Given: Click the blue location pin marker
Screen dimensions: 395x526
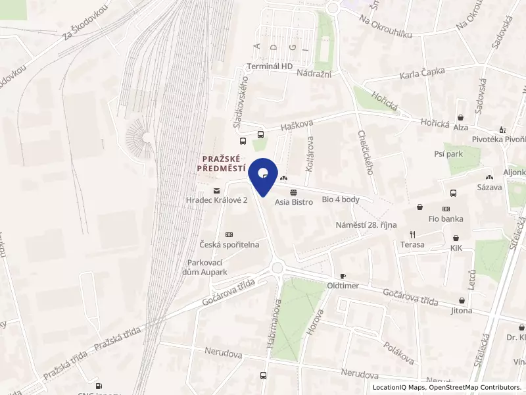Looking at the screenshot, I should click(x=263, y=174).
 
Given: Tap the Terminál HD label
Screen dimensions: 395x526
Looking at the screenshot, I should click(x=270, y=66).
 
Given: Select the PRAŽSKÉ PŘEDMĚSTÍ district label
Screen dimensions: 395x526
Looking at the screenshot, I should click(x=220, y=163).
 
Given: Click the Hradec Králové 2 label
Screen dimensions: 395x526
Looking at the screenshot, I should click(x=216, y=199).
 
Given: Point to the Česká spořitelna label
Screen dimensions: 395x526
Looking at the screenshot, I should click(x=229, y=244).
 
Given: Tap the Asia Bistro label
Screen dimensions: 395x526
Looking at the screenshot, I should click(x=293, y=202).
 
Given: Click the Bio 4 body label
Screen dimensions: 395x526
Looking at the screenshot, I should click(x=341, y=199).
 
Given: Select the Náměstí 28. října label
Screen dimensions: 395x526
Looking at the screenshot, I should click(x=366, y=225).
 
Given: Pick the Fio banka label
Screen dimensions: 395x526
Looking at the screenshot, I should click(x=446, y=219).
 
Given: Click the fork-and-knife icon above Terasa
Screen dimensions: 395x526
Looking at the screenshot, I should click(x=413, y=234).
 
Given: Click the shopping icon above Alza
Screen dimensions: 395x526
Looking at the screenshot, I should click(x=460, y=117).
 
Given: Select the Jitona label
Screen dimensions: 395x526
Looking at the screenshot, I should click(x=462, y=310).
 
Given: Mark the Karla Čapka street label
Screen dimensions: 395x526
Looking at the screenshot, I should click(x=423, y=72).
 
